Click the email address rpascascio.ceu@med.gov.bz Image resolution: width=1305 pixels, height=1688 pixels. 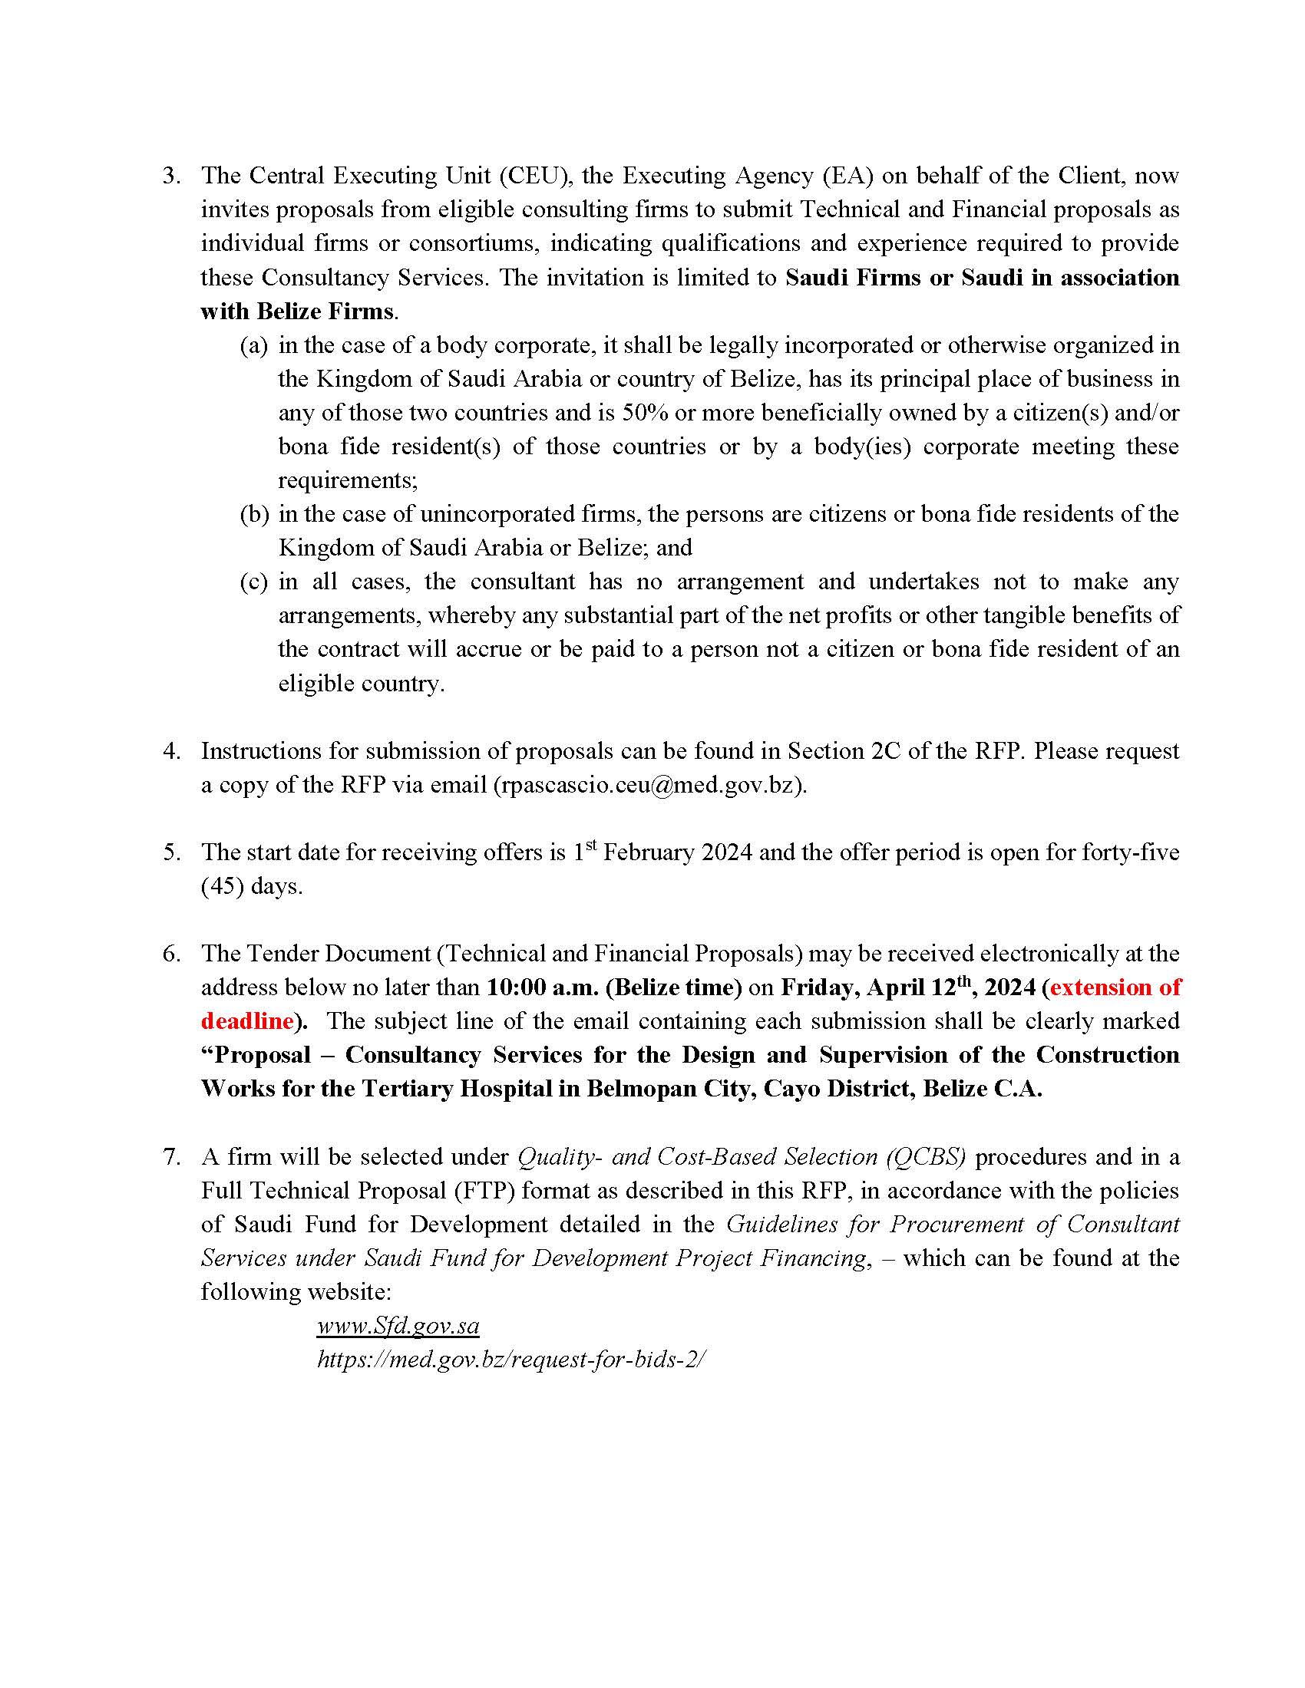point(649,785)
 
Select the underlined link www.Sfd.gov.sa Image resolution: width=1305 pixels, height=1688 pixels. point(398,1327)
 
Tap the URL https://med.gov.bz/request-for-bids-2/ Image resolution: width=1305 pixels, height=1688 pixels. point(511,1360)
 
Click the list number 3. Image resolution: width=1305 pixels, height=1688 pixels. point(171,176)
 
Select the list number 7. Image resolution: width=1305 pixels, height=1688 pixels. point(171,1157)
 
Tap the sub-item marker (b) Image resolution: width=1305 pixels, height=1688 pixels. point(254,515)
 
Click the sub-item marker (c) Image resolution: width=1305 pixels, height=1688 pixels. point(254,582)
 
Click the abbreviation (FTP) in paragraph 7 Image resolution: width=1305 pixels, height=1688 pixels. point(484,1191)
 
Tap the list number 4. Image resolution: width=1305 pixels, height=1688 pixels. point(171,751)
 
